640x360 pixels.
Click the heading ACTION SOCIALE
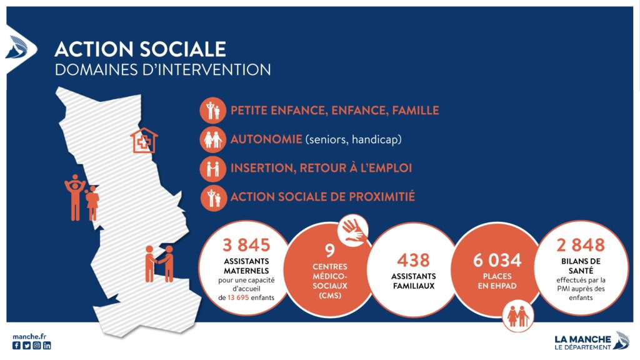(x=140, y=49)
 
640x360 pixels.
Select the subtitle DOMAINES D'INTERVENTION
(x=163, y=69)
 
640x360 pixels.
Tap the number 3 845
(x=246, y=245)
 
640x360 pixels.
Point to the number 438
(x=413, y=260)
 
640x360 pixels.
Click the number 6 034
(x=497, y=260)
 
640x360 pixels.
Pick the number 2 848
(x=581, y=245)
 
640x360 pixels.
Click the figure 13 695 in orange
(x=238, y=297)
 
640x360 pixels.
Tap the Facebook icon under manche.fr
(x=16, y=345)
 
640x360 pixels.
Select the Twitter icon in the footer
(x=26, y=345)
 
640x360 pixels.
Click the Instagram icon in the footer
(x=37, y=345)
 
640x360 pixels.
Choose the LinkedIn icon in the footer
(x=47, y=345)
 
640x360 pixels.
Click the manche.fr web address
(x=29, y=337)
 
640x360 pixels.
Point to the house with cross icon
(x=144, y=141)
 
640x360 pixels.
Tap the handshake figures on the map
(x=159, y=264)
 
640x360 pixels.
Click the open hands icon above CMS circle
(x=352, y=229)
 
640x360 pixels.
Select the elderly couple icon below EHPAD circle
(x=517, y=316)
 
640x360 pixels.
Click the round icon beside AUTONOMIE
(x=213, y=139)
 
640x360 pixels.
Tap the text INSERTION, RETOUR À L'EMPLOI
(x=321, y=168)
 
